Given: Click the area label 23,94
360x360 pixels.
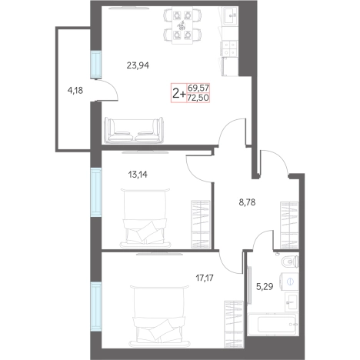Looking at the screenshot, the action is pyautogui.click(x=138, y=66).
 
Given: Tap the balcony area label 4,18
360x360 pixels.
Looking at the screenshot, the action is pyautogui.click(x=75, y=91).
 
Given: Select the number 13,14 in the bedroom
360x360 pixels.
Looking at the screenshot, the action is pyautogui.click(x=138, y=175).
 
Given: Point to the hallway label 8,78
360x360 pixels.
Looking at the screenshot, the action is pyautogui.click(x=247, y=202).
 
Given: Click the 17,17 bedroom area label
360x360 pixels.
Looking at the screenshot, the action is pyautogui.click(x=205, y=278).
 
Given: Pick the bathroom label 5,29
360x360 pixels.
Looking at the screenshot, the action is pyautogui.click(x=265, y=286).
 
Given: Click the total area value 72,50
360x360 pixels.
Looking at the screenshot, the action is pyautogui.click(x=198, y=98).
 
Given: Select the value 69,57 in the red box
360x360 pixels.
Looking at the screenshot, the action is pyautogui.click(x=198, y=88).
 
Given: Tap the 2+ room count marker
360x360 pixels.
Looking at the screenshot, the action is pyautogui.click(x=179, y=94).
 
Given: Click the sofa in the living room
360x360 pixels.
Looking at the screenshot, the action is pyautogui.click(x=134, y=130).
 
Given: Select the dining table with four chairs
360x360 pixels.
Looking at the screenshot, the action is pyautogui.click(x=182, y=25).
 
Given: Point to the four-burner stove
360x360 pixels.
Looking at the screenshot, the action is pyautogui.click(x=229, y=48).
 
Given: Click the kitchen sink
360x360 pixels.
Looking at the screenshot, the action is pyautogui.click(x=231, y=15).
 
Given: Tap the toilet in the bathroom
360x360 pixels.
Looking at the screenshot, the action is pyautogui.click(x=290, y=262).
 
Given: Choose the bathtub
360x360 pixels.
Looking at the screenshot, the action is pyautogui.click(x=273, y=324).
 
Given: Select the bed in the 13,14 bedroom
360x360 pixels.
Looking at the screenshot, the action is pyautogui.click(x=145, y=218).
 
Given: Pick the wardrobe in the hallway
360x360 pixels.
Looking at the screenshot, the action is pyautogui.click(x=290, y=225).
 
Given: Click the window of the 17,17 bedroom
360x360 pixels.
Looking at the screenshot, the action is pyautogui.click(x=96, y=307).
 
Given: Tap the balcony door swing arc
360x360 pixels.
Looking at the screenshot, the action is pyautogui.click(x=111, y=87).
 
